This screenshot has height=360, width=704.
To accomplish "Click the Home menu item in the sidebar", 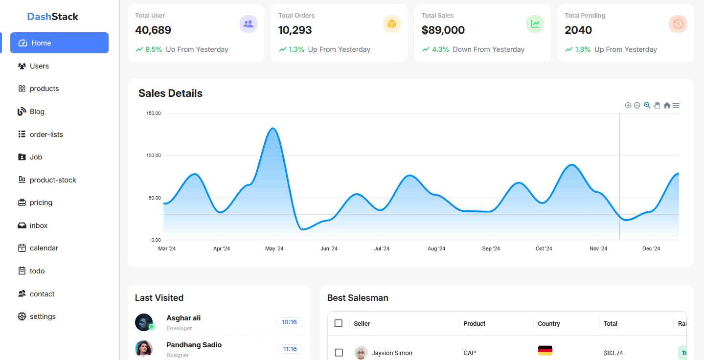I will [59, 43].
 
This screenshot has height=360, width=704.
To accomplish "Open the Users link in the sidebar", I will [39, 66].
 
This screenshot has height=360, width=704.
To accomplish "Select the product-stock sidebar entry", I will [53, 180].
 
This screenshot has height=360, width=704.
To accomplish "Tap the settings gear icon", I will [22, 316].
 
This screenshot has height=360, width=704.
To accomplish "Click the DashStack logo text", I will [53, 17].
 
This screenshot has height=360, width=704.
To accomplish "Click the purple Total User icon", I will [249, 24].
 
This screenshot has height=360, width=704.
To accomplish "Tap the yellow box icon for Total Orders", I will [392, 24].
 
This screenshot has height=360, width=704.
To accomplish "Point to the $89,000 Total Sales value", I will [443, 30].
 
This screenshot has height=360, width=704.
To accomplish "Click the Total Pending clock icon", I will [678, 24].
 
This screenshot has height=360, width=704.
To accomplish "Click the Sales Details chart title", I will [170, 93].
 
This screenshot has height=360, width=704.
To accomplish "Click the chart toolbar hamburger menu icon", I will [676, 106].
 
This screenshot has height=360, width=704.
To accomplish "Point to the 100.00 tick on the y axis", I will [154, 156].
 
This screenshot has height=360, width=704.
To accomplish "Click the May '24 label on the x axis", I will [274, 249].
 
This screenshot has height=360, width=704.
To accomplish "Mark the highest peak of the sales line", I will [273, 129].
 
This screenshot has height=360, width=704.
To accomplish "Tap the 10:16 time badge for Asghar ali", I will [290, 322].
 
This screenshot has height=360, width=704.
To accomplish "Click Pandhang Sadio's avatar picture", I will [144, 349].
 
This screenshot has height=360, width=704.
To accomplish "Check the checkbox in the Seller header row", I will [339, 323].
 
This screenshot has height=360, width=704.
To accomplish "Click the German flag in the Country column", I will [545, 350].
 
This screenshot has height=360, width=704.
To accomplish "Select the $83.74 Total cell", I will [613, 353].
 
